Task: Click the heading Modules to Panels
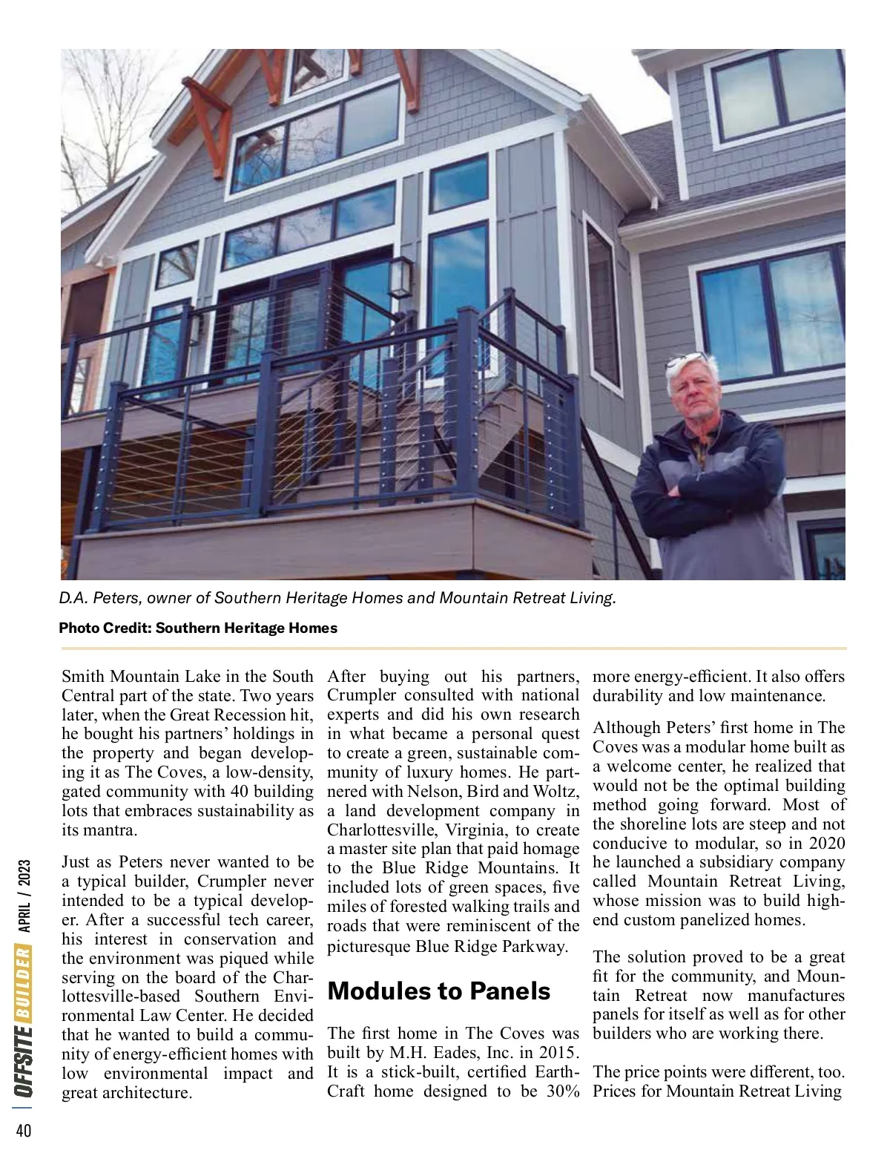tap(438, 991)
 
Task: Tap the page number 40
tap(23, 1130)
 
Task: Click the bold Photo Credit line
tap(198, 628)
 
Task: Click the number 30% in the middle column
tap(561, 1091)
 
